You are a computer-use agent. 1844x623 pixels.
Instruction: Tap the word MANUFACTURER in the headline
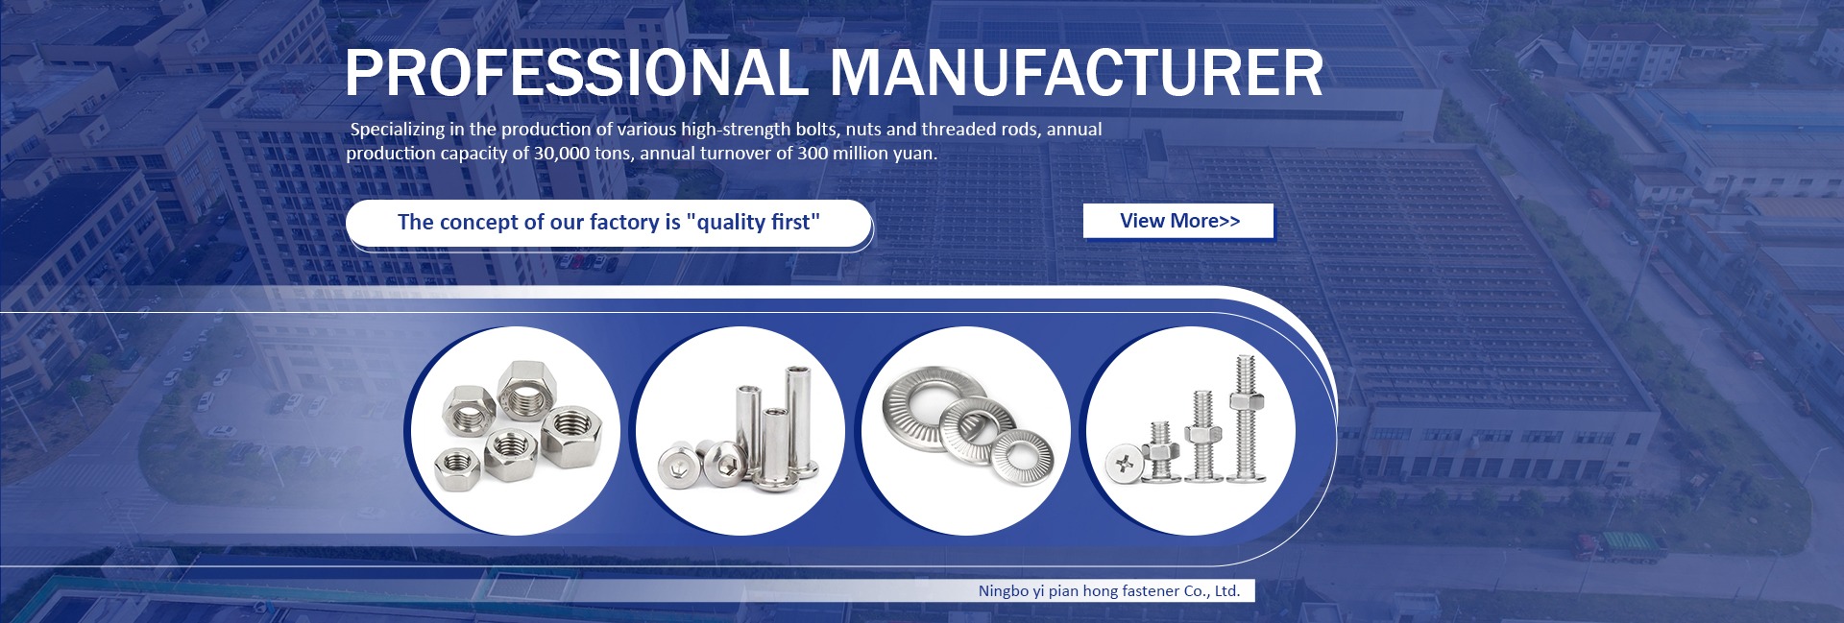click(1077, 72)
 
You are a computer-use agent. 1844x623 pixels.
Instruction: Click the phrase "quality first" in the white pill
click(753, 223)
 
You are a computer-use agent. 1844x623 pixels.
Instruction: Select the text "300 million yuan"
click(866, 154)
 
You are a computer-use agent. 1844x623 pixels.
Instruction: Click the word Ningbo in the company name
click(1003, 591)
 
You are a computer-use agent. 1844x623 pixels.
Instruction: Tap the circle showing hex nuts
click(512, 430)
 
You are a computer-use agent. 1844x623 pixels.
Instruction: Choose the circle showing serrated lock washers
click(965, 430)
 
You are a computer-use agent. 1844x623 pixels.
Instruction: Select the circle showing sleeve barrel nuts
click(740, 430)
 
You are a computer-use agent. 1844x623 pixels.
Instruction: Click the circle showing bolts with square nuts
click(1191, 430)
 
